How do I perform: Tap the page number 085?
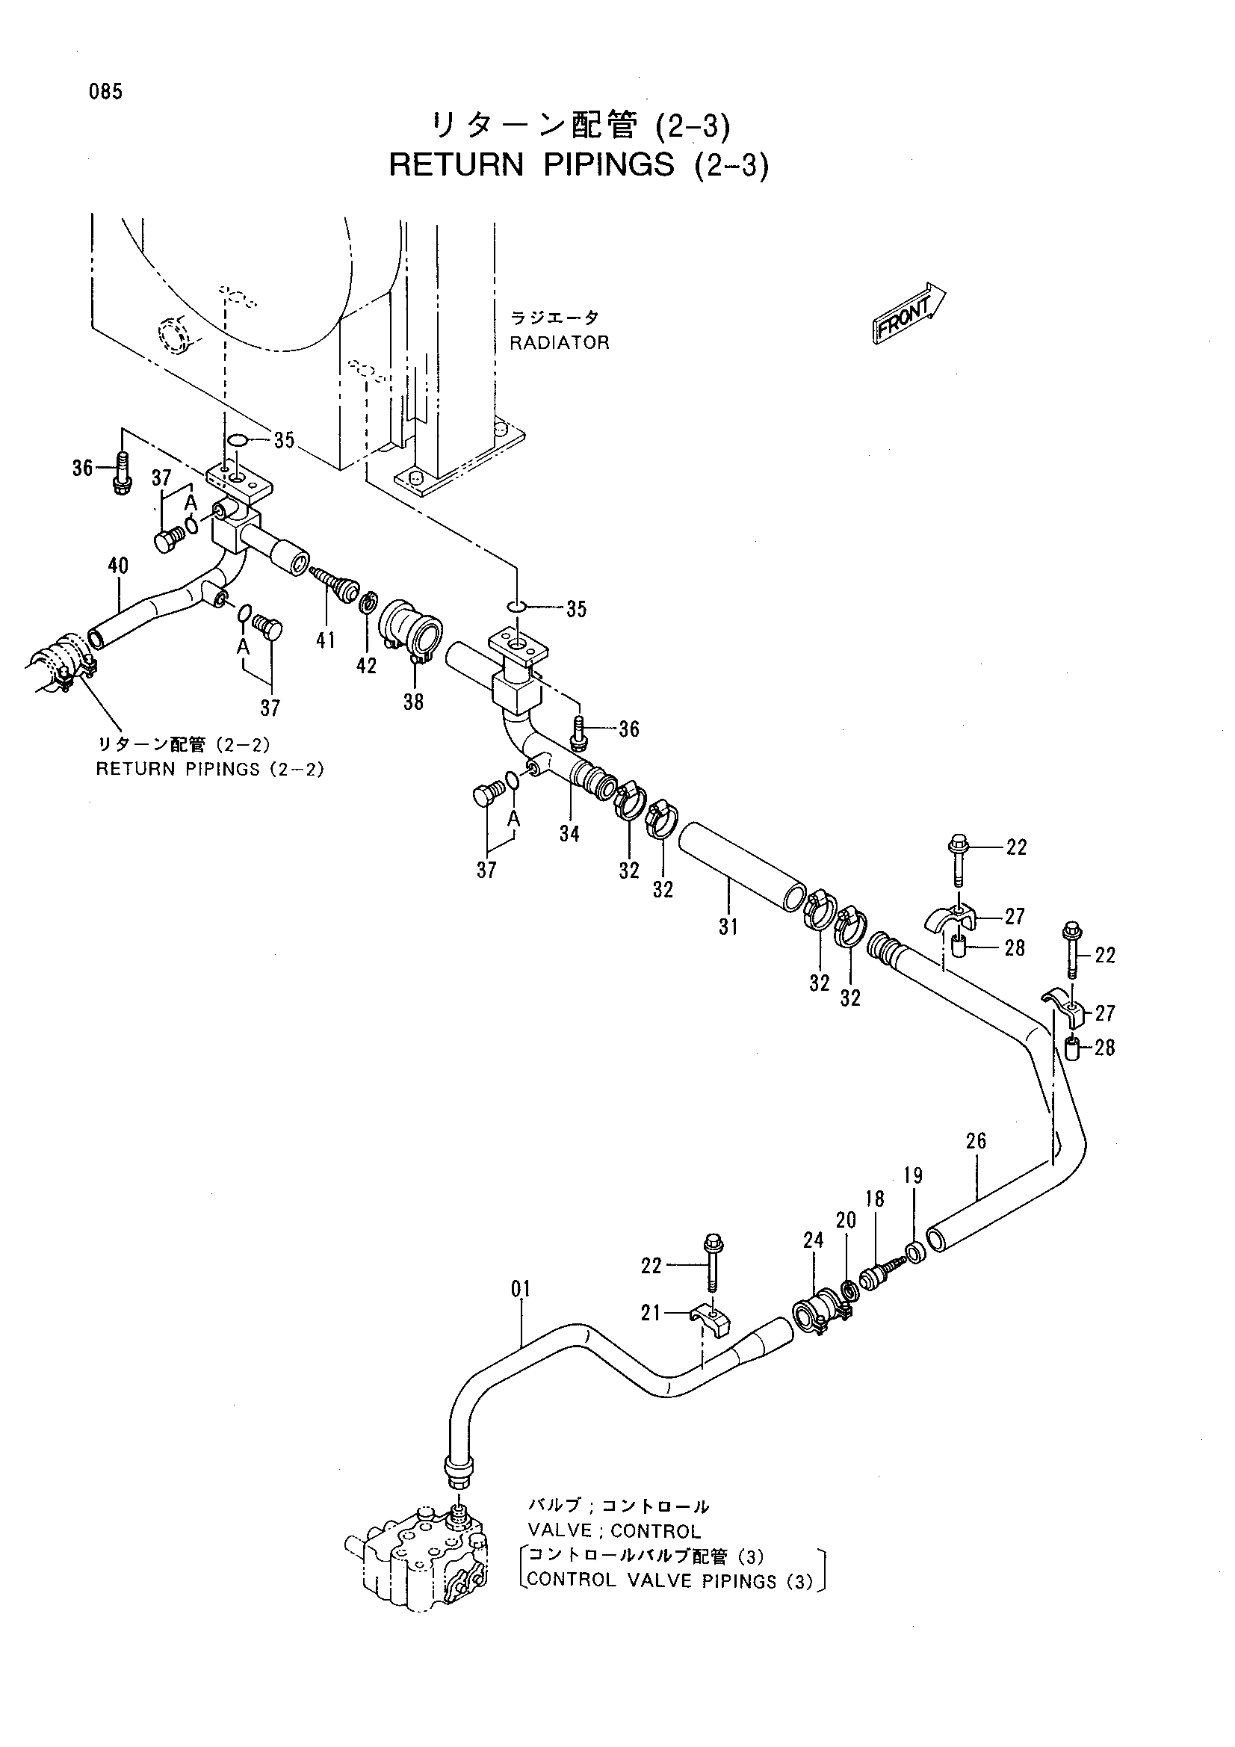[105, 92]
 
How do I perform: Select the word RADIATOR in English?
[560, 342]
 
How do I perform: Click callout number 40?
[118, 566]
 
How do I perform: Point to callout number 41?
[326, 640]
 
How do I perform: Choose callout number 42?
[367, 666]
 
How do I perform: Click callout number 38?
[413, 702]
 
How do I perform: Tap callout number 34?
[569, 834]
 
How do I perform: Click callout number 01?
[521, 1289]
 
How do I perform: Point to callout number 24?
[814, 1240]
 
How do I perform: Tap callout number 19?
[913, 1175]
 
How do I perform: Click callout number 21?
[651, 1313]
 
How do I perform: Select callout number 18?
[875, 1199]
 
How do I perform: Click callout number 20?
[846, 1220]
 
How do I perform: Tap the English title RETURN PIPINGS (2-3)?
[578, 165]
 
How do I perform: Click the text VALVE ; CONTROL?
[614, 1530]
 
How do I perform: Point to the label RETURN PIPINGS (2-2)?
[210, 768]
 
